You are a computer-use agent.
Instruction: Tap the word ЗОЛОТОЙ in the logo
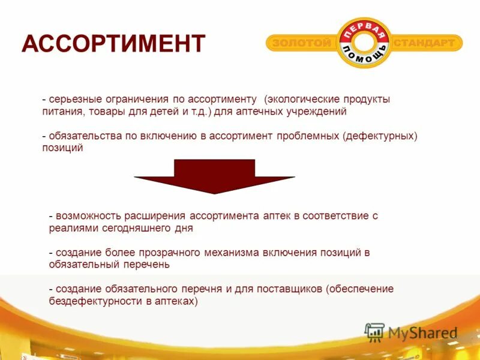[x=302, y=43]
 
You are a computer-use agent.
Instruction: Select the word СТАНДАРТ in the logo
[x=428, y=43]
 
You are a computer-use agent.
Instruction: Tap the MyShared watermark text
[x=422, y=332]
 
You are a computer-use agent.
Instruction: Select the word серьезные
[x=73, y=99]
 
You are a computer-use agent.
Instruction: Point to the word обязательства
[x=85, y=136]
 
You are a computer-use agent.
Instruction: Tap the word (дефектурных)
[x=380, y=136]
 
